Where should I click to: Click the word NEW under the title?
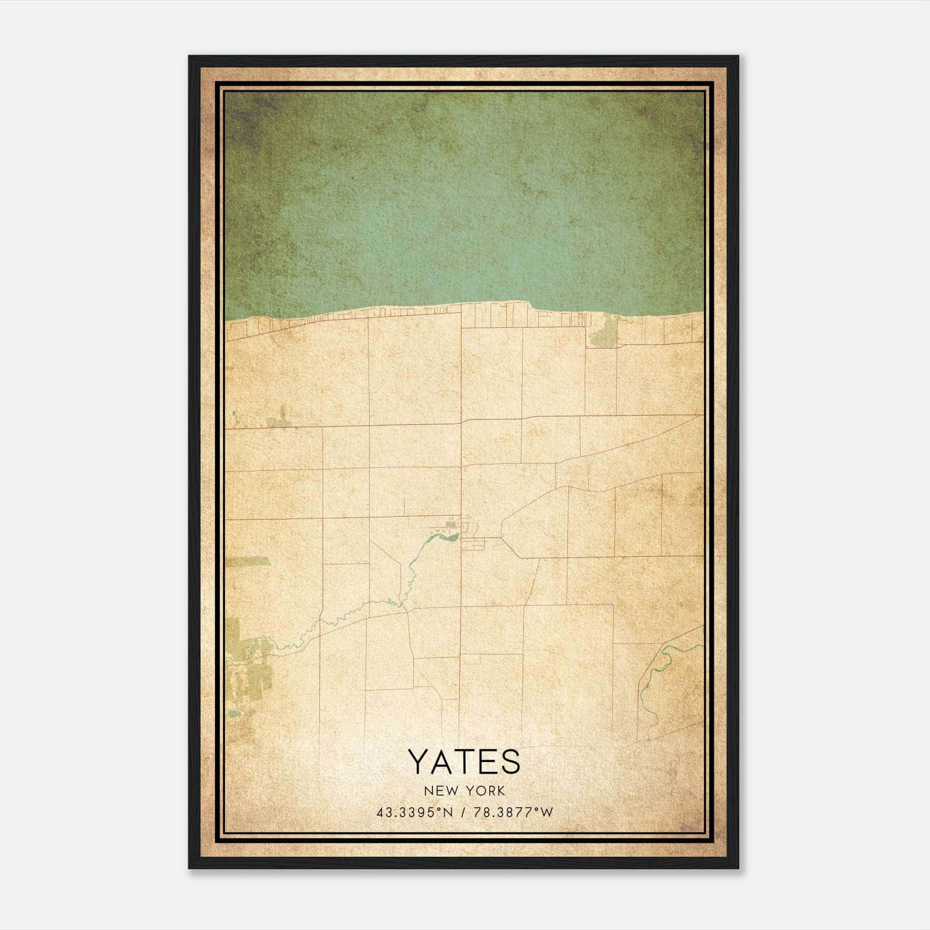click(x=439, y=791)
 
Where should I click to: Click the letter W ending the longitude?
click(x=546, y=813)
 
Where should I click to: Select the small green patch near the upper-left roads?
click(x=280, y=420)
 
